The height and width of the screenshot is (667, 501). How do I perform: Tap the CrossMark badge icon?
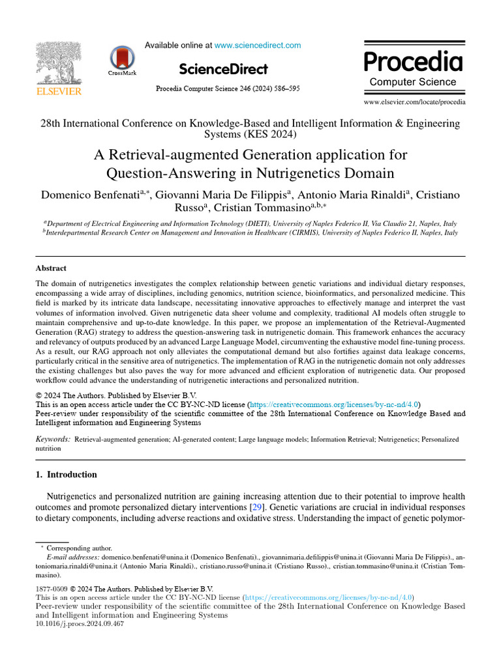(122, 60)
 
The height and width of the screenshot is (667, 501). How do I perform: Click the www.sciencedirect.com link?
(258, 46)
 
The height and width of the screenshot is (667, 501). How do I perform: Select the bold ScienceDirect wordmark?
(222, 69)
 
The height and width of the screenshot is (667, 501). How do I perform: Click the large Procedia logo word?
(413, 61)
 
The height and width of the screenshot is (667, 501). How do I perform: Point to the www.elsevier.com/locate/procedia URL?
(414, 102)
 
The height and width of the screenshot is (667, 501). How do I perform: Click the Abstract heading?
(51, 268)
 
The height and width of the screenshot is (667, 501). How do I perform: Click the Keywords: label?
(53, 440)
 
